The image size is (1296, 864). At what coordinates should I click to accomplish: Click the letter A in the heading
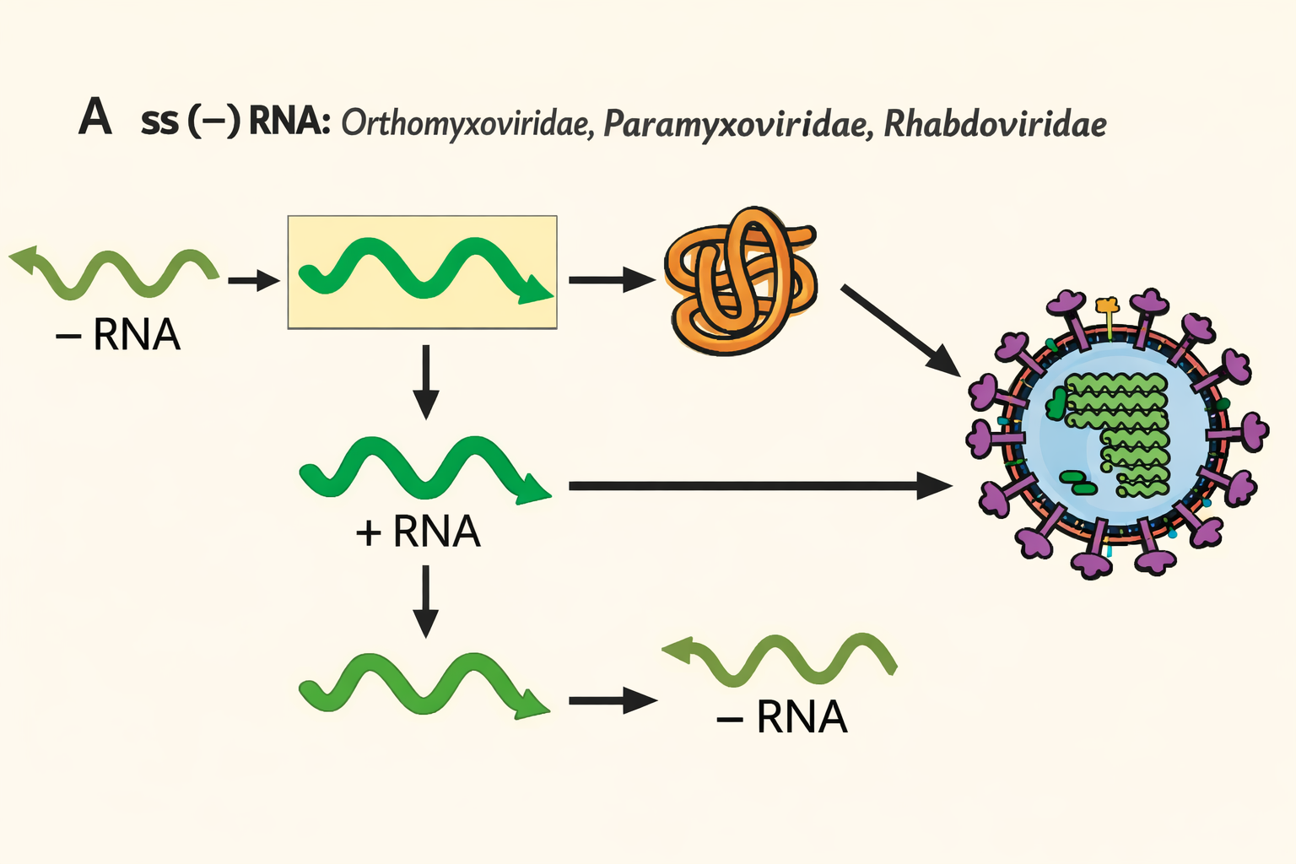point(94,118)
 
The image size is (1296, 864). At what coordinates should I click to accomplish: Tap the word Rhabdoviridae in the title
point(995,124)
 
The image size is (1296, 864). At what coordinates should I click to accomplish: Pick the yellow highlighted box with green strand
point(422,272)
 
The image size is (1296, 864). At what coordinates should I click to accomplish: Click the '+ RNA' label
point(418,532)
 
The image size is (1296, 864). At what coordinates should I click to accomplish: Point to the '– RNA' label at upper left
point(118,335)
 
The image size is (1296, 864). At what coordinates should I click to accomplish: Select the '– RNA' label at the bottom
point(781,718)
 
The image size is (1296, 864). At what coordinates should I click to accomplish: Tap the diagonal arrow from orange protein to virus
point(900,330)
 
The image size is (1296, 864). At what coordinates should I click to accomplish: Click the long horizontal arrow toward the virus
point(759,486)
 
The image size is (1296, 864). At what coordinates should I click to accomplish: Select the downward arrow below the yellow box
point(427,381)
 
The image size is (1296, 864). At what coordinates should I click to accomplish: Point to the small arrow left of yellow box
point(253,280)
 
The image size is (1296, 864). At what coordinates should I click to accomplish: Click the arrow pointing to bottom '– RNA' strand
point(613,700)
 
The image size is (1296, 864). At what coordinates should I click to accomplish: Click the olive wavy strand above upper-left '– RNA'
point(114,272)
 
